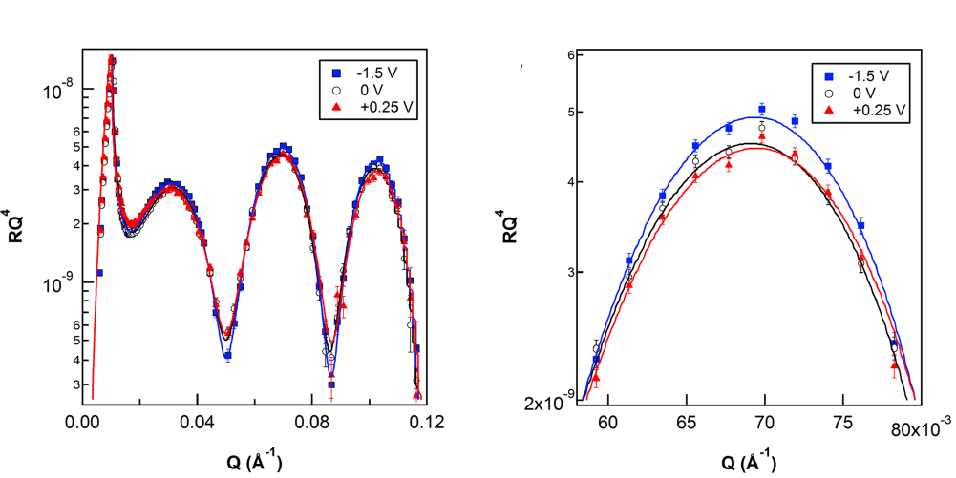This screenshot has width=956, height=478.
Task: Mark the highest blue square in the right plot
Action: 762,109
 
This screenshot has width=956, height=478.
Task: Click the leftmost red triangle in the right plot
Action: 596,378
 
